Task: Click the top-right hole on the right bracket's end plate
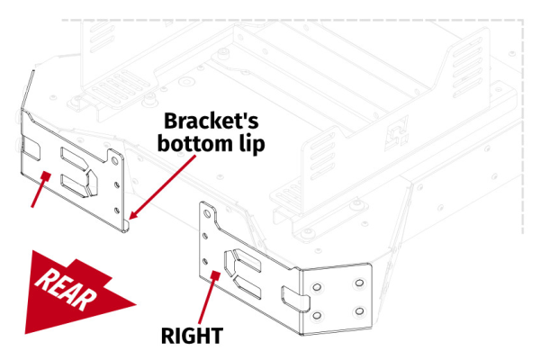358,283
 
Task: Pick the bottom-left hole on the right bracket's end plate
317,314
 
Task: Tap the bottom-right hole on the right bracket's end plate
358,312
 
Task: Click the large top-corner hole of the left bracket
115,161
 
